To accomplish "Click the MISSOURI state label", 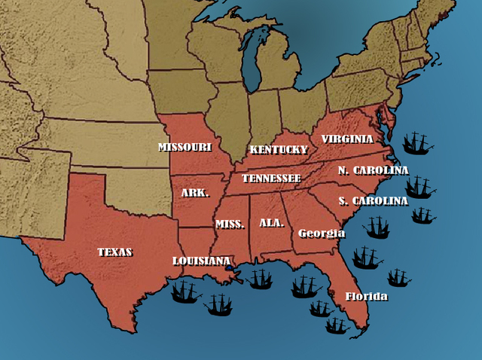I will [185, 147].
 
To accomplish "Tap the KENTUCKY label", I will [279, 149].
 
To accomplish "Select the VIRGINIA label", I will [347, 139].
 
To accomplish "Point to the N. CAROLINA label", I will [373, 170].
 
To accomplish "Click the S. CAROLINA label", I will [373, 201].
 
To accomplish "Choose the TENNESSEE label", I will [271, 178].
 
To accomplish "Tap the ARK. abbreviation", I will [194, 193].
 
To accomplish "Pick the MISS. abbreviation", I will [230, 224].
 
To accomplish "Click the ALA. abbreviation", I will [271, 223].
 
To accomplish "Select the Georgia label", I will [322, 233].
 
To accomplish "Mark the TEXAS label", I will [114, 252].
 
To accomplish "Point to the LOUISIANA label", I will [201, 261].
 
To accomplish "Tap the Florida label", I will [366, 296].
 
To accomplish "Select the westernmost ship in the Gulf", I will [185, 291].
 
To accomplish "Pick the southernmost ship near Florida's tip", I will [337, 325].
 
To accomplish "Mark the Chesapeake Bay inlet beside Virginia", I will [383, 121].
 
